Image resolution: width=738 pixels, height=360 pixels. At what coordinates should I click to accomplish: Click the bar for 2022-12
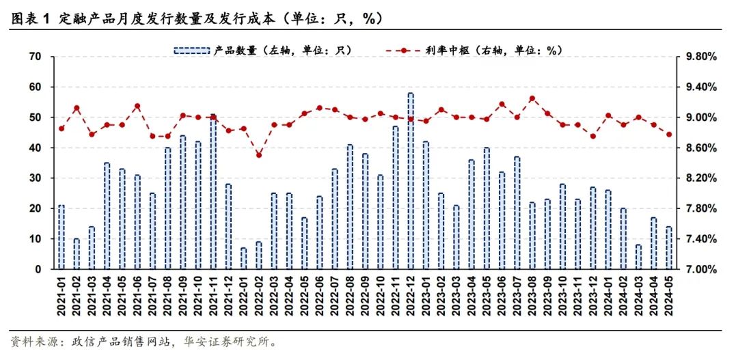[411, 181]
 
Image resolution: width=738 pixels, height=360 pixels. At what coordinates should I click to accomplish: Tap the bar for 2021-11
[213, 193]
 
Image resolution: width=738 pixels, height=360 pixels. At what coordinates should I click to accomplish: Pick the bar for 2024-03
[638, 257]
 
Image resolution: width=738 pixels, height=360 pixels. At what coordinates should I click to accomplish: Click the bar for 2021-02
[77, 254]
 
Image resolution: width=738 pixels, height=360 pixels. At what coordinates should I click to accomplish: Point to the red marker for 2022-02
[259, 155]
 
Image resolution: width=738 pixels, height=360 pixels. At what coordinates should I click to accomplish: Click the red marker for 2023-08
[532, 98]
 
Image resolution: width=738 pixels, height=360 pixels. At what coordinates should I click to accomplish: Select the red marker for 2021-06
[137, 106]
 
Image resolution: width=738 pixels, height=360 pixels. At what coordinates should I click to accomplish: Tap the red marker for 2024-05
[669, 135]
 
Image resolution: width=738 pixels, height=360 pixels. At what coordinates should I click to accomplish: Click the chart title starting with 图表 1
[198, 19]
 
